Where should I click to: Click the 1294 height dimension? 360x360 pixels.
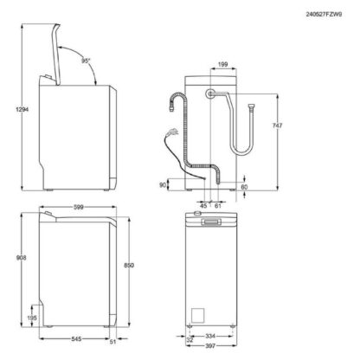click(22, 110)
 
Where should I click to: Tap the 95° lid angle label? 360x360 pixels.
click(86, 61)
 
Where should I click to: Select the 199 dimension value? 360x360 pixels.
click(223, 64)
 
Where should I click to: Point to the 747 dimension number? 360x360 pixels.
click(277, 125)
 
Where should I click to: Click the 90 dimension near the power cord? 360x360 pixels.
click(163, 185)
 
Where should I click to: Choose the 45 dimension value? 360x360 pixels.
click(203, 206)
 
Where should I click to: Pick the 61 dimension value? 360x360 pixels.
click(218, 206)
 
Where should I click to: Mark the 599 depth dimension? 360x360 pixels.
click(78, 207)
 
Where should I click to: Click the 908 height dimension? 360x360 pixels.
click(21, 258)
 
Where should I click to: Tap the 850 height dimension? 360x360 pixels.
click(129, 266)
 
